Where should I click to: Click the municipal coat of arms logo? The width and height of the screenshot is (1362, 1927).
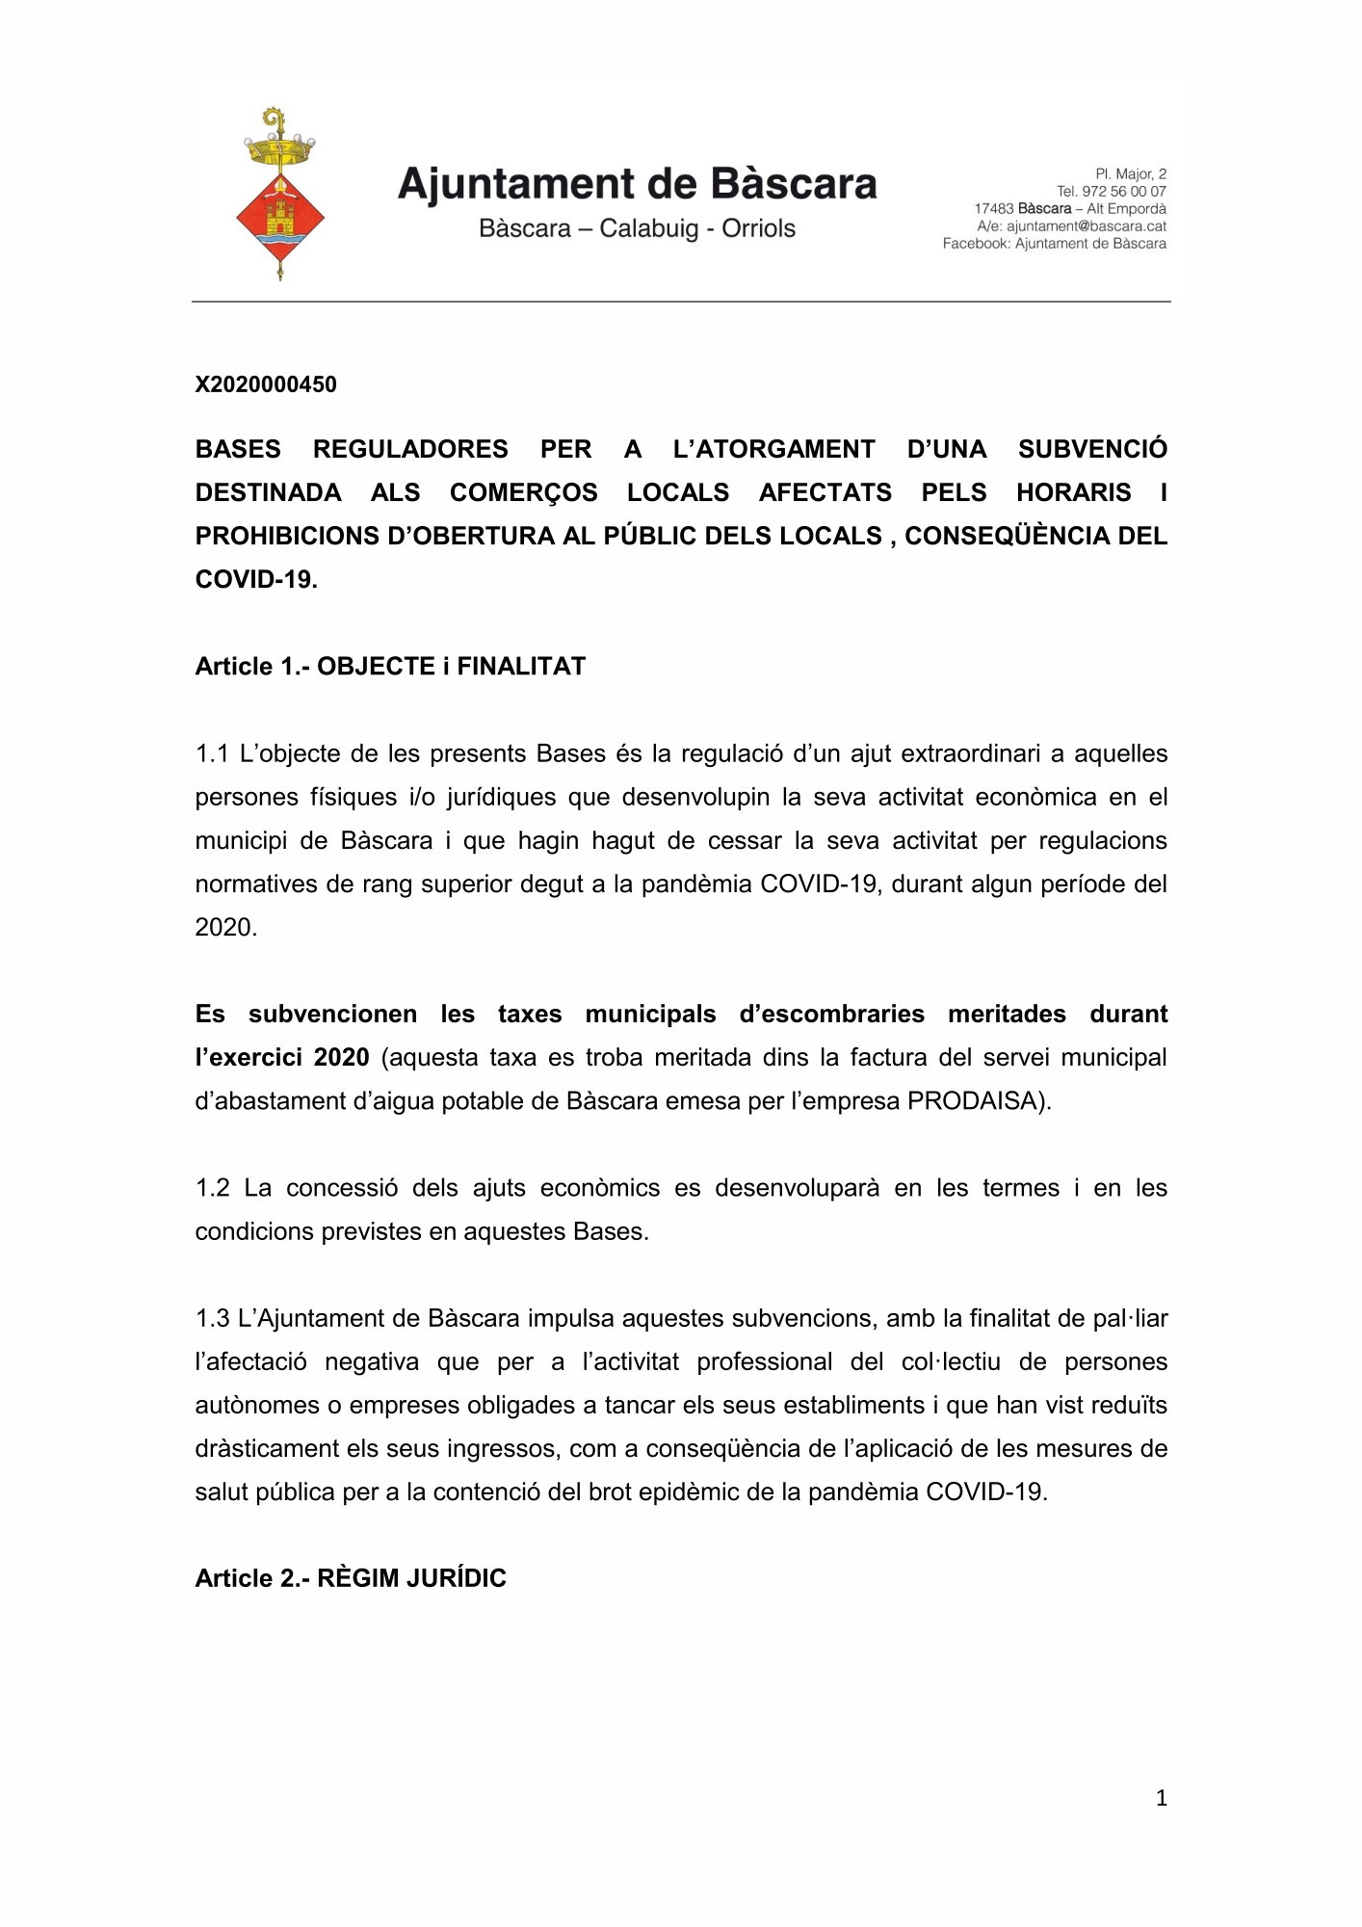(280, 195)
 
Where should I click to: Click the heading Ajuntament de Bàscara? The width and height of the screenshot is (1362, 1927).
(637, 184)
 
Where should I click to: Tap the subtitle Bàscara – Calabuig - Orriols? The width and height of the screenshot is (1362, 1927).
(637, 228)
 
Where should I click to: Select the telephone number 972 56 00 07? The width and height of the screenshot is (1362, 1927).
(1123, 192)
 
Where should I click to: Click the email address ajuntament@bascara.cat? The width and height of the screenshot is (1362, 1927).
(1086, 226)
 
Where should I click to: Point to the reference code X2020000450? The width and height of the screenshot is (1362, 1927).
(266, 384)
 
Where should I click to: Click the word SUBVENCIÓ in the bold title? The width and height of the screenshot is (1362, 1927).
(1092, 449)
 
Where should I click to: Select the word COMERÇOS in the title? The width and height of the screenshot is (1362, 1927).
(523, 492)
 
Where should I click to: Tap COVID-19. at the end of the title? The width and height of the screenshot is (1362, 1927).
(256, 579)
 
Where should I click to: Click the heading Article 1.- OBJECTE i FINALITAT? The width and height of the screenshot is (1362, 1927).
(390, 666)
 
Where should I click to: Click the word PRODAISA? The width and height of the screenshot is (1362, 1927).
(976, 1100)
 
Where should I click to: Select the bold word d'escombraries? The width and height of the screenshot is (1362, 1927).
(831, 1014)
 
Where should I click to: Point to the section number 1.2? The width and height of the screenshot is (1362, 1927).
(212, 1188)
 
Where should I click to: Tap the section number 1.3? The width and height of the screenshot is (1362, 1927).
(212, 1318)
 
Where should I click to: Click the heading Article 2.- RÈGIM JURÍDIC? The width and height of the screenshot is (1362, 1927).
(351, 1578)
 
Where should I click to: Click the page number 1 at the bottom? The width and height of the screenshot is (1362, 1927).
(1161, 1797)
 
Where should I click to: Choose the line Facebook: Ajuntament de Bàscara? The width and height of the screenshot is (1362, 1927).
(1054, 244)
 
